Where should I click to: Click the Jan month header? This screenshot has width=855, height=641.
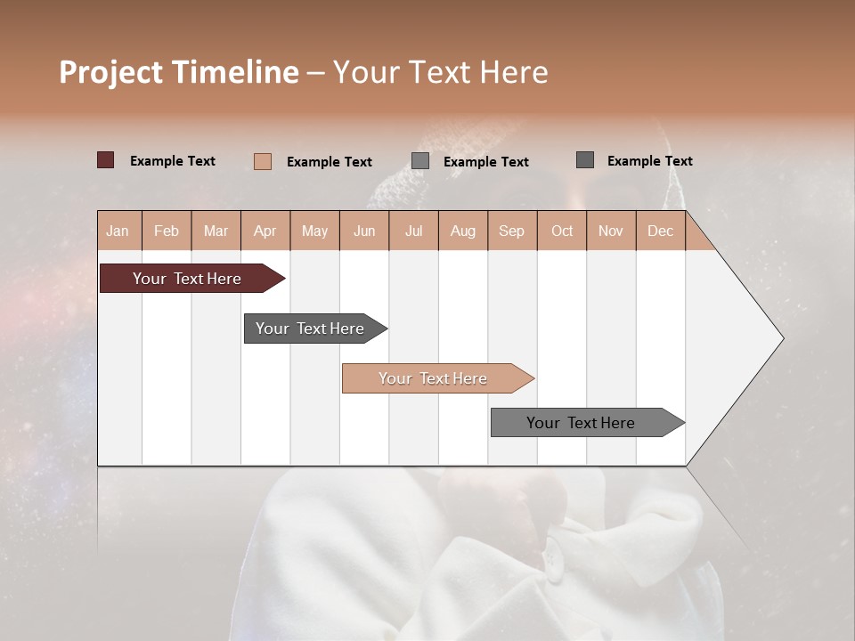[118, 231]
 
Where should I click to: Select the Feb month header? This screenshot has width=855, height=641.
[167, 231]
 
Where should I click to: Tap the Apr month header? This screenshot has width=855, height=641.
[265, 231]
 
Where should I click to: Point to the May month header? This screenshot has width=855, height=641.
[314, 231]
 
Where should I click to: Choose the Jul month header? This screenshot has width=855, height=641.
[413, 231]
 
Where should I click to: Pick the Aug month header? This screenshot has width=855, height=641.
[463, 231]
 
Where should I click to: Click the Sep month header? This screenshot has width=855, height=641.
[512, 231]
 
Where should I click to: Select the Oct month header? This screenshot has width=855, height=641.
[562, 231]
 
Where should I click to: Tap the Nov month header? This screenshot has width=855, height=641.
[611, 231]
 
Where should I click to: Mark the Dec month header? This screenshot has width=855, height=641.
[661, 231]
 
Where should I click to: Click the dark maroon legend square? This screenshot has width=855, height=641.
[106, 160]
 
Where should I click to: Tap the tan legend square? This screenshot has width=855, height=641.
[263, 161]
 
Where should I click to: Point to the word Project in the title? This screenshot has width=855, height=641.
[111, 72]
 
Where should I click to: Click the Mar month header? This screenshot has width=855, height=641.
[216, 231]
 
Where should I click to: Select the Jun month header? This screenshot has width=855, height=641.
[364, 231]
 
